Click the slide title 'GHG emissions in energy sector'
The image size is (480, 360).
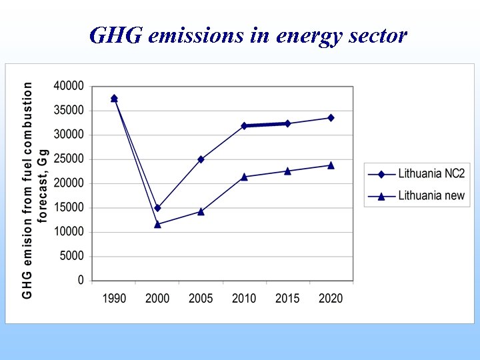coord(247,35)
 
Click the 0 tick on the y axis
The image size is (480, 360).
coord(81,281)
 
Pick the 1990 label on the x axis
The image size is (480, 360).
coord(114,299)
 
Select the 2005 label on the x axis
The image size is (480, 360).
coord(201,299)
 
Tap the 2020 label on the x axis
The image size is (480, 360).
coord(331,299)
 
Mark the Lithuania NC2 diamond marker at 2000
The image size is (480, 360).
coord(157,208)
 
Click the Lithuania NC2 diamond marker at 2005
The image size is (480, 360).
coord(201,159)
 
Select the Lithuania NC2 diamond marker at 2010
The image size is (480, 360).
coord(244,125)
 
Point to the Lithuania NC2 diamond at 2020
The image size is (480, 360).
coord(331,118)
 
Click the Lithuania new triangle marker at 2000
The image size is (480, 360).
coord(157,224)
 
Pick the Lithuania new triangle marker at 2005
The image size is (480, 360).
coord(201,211)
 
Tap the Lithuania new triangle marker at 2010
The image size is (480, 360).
coord(244,177)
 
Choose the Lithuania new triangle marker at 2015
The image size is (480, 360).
coord(287,171)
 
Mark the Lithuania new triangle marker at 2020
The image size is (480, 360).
coord(331,165)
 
